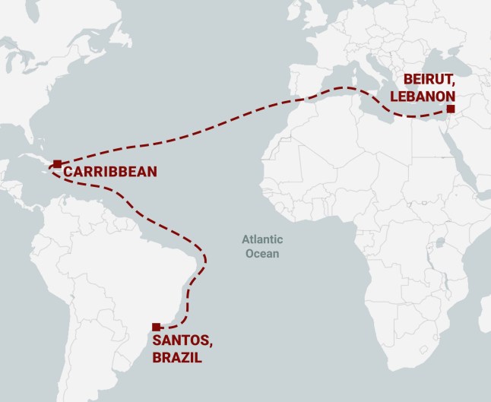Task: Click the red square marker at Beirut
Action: click(451, 109)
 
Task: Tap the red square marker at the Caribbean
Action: click(57, 163)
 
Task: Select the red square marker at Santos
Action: click(156, 327)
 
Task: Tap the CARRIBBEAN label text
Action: click(111, 173)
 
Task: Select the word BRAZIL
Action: click(178, 357)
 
